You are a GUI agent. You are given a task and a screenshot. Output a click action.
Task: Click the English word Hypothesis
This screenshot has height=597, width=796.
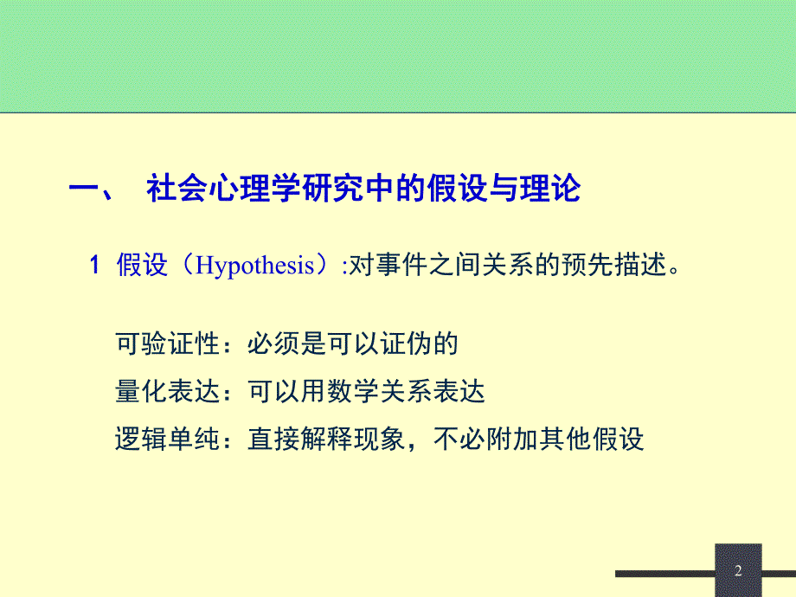(255, 266)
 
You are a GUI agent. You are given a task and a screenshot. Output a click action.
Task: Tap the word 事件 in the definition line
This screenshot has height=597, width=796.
(399, 266)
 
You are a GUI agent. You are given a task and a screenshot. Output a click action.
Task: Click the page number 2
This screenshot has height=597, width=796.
(738, 570)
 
